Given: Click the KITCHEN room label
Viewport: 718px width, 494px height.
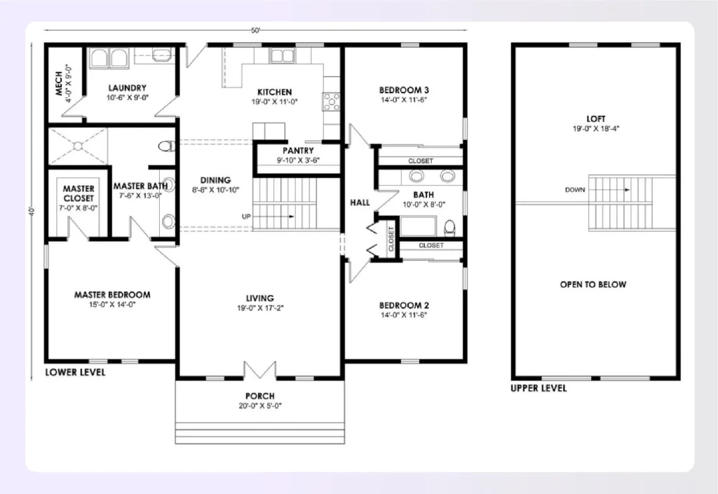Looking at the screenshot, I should coord(274,92).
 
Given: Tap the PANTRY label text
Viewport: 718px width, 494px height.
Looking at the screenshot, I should coord(298,151).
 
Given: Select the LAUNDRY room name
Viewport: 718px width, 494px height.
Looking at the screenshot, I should coord(127,88).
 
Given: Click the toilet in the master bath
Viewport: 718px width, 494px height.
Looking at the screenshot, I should coord(166,146).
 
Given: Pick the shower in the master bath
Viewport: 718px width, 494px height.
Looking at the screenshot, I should coord(77,146).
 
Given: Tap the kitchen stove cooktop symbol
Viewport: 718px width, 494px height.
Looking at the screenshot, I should coord(330,102).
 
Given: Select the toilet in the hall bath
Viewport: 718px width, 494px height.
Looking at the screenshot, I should coord(450,226).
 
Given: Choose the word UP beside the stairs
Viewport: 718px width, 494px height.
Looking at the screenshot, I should coord(246,217).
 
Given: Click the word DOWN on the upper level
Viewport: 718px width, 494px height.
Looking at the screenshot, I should coord(575,190).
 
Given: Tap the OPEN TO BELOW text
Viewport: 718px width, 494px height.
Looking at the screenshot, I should coord(593,284).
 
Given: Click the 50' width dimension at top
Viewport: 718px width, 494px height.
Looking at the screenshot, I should coord(256,31).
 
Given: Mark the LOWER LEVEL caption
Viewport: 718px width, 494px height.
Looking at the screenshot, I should coord(75,373).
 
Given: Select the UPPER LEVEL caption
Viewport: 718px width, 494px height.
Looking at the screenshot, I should coord(538,388).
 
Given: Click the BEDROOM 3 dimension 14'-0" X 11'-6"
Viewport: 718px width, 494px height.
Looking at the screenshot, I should coord(403,100).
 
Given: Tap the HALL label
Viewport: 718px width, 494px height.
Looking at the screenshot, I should coord(360,203).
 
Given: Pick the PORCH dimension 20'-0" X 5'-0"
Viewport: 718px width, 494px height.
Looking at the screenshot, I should coord(259,406).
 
